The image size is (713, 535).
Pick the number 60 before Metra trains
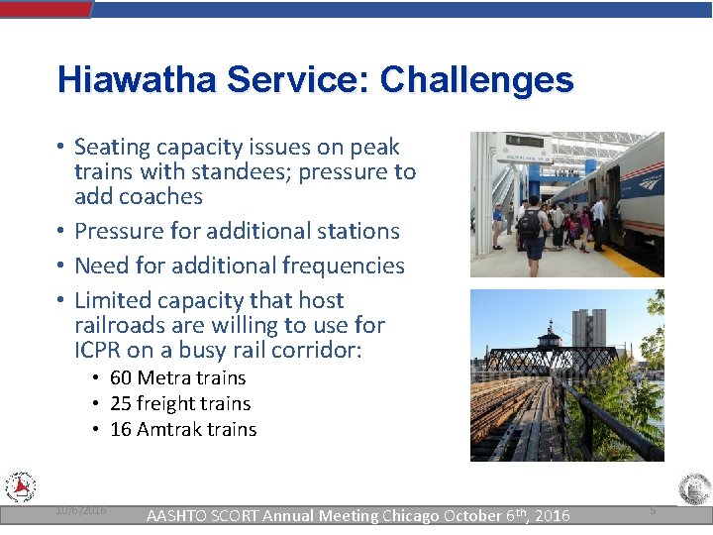coord(121,378)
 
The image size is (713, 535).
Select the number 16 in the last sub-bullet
coord(121,430)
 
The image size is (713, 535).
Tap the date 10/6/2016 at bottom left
coord(81,509)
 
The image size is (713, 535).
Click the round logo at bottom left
coord(20,487)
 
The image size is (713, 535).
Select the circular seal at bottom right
coord(693,489)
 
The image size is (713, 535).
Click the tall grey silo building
coord(588,332)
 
